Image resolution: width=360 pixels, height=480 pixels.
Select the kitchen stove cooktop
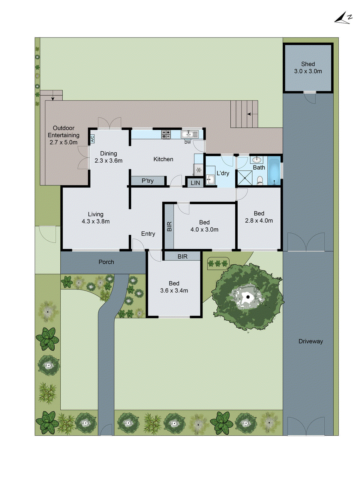[x=166, y=134]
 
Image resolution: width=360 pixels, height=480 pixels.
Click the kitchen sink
[x=190, y=134]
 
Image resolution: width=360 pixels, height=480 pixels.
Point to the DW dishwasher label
[x=187, y=142]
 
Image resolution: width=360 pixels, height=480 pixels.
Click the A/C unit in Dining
[x=92, y=139]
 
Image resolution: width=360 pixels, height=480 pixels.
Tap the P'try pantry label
[x=148, y=181]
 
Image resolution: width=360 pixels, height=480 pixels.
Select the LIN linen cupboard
[x=195, y=183]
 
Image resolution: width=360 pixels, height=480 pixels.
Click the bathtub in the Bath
[x=274, y=170]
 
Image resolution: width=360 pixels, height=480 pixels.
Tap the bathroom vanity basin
[x=257, y=159]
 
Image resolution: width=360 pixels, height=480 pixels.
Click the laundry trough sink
[x=210, y=179]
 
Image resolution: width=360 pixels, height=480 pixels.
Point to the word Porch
[x=106, y=262]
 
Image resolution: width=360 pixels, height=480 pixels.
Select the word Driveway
[x=310, y=341]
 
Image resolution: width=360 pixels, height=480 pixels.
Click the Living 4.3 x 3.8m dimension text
[x=96, y=221]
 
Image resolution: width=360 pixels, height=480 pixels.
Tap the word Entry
[x=148, y=234]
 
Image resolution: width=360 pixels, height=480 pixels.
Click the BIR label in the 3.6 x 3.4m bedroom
[x=182, y=256]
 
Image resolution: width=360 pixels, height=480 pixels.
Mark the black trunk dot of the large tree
[x=248, y=297]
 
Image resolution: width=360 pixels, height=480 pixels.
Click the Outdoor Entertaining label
[x=64, y=135]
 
